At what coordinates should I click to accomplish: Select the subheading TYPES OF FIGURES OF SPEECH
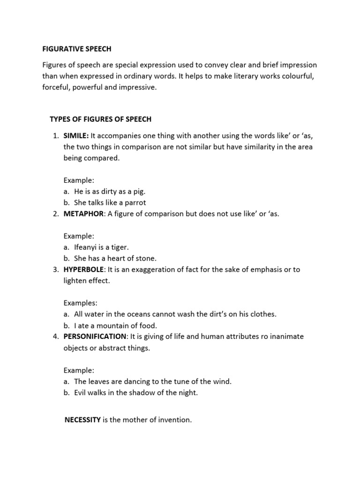click(101, 119)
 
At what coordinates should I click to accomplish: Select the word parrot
click(135, 203)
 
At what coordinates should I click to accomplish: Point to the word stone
click(146, 258)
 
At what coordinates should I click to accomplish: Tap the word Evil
click(81, 393)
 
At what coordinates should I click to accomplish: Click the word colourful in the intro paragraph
click(300, 76)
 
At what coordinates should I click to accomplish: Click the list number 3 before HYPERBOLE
click(55, 270)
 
